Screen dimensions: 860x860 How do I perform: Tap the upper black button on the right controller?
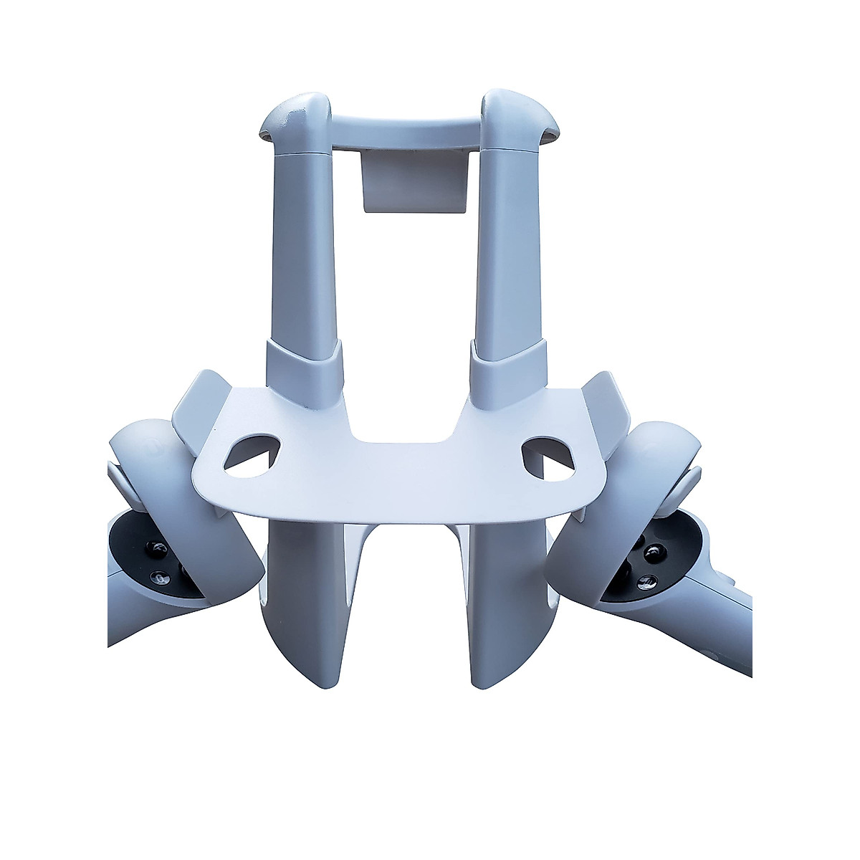coord(653,552)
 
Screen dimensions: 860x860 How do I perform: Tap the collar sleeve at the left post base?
coord(302,367)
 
